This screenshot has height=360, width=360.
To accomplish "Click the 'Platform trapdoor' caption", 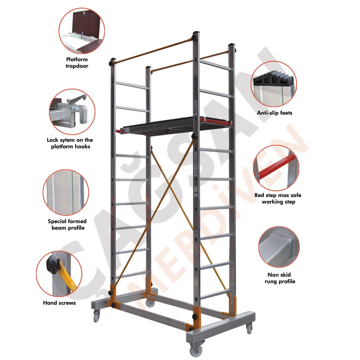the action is point(77,63).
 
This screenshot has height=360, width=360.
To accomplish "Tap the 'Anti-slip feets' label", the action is point(274,113).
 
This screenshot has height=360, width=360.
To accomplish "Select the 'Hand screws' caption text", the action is point(59,303).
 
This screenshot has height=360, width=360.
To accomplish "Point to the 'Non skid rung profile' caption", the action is point(279,278).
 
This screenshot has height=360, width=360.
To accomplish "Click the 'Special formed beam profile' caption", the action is point(67,225).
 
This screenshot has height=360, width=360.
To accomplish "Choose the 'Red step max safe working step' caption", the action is point(278,198).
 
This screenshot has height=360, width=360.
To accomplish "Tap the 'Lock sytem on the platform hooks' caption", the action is point(70,143).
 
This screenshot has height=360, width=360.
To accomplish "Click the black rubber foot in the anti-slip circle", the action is point(273,80).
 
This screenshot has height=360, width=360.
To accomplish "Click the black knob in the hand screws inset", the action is point(53,265).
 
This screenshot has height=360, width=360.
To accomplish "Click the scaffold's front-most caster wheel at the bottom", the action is point(196,350).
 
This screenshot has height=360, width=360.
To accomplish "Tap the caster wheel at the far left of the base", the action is point(97,316).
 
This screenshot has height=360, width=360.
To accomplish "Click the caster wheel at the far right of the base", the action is point(249,329).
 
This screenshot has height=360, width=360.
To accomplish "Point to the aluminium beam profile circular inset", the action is point(66,193).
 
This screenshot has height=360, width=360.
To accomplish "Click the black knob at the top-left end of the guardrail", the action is point(112,62).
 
